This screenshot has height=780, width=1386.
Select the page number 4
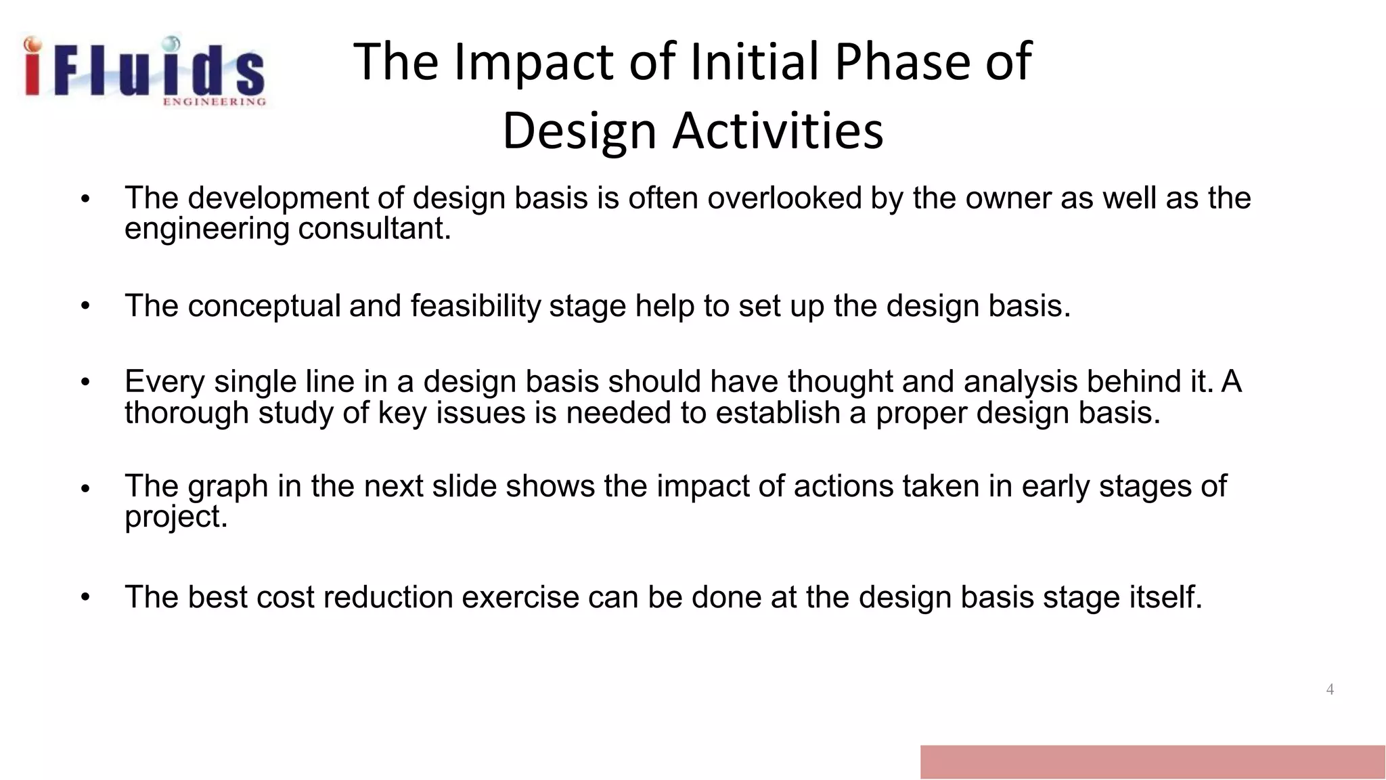tap(1329, 689)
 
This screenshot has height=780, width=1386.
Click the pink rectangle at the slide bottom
tap(1152, 762)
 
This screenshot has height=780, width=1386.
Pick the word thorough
tap(187, 413)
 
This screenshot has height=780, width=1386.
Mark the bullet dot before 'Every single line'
tap(85, 383)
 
